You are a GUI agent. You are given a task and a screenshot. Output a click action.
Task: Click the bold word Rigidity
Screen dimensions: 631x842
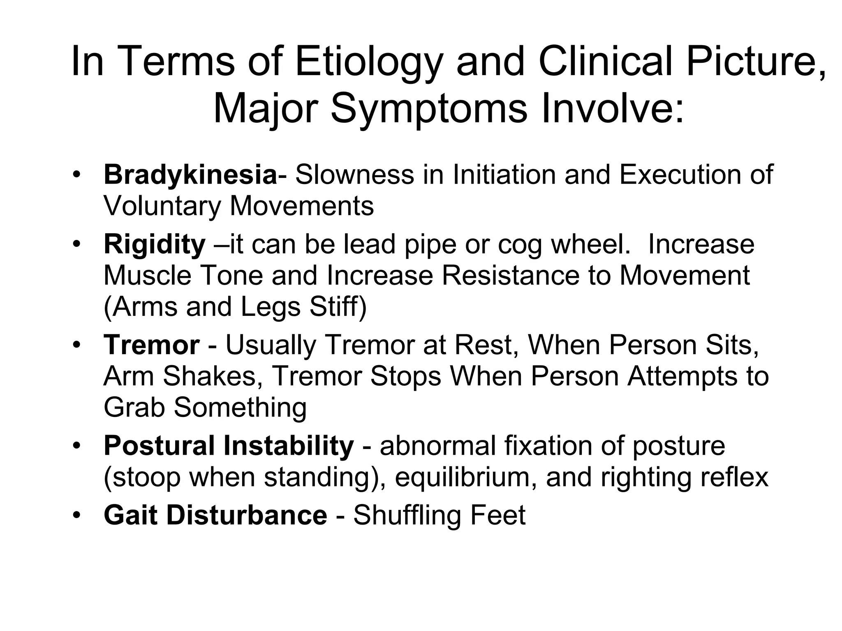pos(154,244)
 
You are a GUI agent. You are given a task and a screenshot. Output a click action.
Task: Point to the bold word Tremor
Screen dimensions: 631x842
pos(151,345)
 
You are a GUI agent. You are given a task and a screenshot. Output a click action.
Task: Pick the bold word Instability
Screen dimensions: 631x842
pos(288,446)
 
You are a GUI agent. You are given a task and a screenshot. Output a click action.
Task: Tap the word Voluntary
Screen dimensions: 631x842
pos(162,206)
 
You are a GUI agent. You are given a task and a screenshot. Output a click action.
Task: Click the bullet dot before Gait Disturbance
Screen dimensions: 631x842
pos(76,515)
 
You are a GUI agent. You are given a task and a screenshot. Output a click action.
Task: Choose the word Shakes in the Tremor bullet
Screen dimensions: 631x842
pos(210,376)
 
